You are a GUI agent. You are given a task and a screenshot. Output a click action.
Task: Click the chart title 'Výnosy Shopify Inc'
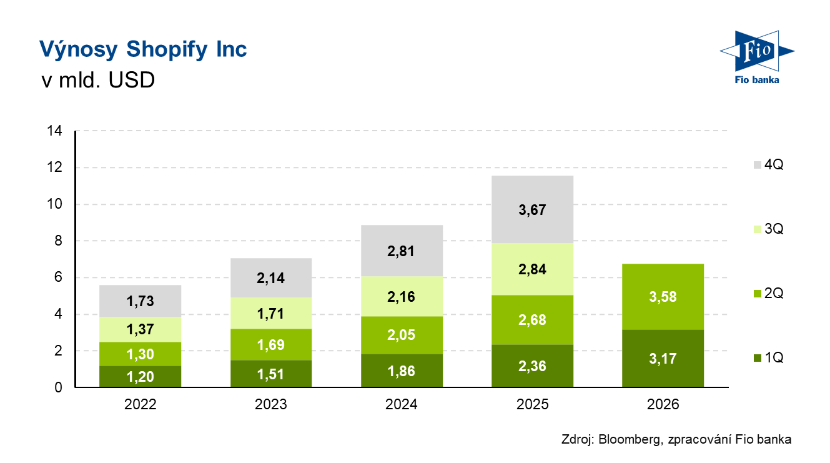(x=143, y=49)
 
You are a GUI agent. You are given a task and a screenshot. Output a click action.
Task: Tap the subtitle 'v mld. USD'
(x=98, y=80)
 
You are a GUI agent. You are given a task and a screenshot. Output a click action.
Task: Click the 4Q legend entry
(x=769, y=164)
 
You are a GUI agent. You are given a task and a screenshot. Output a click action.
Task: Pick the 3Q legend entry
(x=769, y=229)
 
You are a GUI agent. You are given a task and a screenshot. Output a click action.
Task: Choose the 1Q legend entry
(x=769, y=357)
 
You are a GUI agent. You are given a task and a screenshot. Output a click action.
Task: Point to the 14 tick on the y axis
(x=54, y=131)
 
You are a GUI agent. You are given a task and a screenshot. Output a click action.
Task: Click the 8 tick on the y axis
(x=58, y=241)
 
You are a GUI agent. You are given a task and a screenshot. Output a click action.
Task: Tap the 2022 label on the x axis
(x=141, y=404)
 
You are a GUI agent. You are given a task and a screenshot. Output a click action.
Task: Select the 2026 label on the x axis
(x=663, y=404)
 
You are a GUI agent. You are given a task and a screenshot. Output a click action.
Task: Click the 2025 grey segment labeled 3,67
(x=533, y=209)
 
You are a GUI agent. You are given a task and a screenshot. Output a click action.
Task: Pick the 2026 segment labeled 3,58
(x=663, y=297)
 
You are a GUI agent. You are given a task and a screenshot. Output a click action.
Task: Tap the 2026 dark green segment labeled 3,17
(x=663, y=359)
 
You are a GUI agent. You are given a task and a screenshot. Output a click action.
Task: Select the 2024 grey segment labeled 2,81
(x=402, y=251)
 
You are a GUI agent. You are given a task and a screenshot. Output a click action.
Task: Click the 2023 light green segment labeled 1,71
(x=271, y=313)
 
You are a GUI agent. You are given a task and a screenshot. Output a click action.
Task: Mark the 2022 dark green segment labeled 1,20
(x=140, y=377)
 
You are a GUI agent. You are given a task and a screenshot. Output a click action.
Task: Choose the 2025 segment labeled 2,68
(x=533, y=320)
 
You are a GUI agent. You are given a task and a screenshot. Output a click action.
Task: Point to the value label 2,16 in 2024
(x=401, y=297)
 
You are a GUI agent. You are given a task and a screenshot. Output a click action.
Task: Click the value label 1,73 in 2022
(x=140, y=301)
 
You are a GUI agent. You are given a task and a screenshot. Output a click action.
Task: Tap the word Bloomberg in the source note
(x=629, y=439)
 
